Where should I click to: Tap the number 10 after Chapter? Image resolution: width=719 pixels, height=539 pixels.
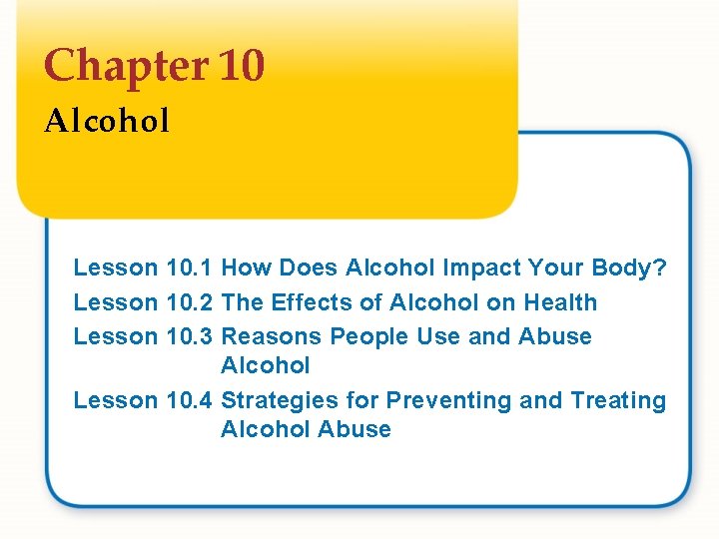240,67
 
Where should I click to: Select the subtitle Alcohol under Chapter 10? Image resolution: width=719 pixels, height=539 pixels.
107,122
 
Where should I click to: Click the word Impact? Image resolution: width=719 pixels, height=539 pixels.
480,268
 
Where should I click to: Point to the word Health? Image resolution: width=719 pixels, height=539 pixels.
560,302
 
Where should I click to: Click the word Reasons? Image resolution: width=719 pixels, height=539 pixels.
272,336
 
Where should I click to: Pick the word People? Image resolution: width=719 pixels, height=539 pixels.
369,336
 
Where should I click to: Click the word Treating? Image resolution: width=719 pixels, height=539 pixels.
618,400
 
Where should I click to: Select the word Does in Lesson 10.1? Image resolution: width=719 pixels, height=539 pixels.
309,268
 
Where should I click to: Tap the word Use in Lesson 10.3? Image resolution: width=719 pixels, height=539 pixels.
438,336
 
